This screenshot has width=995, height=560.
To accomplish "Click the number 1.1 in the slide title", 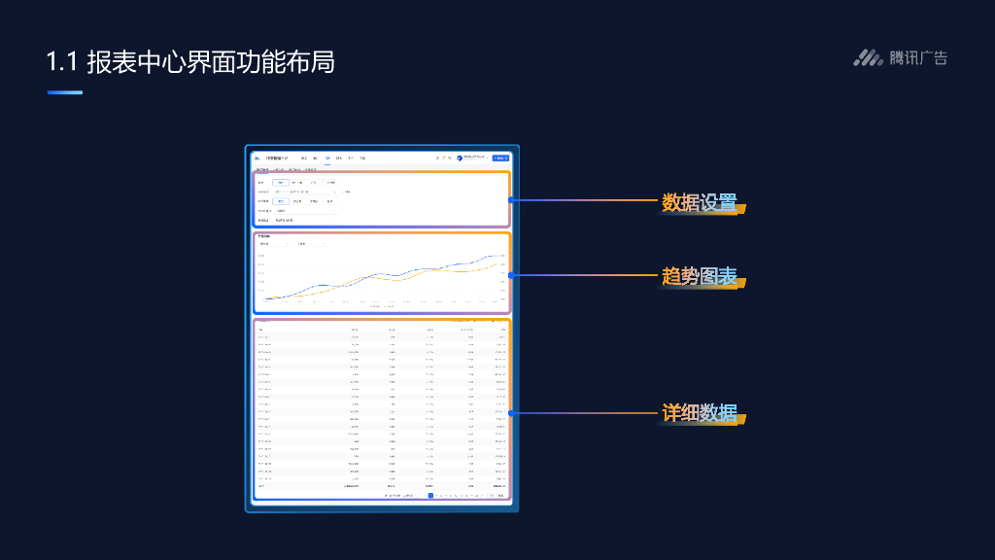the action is tap(60, 63).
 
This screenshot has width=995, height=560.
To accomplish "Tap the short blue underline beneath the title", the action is tap(65, 92).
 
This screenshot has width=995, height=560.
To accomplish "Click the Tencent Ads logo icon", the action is tap(868, 58).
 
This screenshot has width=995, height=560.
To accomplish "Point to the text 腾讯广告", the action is tap(918, 58).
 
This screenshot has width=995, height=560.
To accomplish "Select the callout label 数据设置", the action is tap(699, 203).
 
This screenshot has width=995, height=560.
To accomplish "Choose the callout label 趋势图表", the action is tap(699, 276).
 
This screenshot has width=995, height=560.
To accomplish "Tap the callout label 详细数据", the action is tap(699, 413).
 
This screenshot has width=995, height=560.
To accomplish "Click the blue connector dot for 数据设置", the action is tap(510, 199).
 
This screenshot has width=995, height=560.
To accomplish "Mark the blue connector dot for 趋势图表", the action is tap(510, 274).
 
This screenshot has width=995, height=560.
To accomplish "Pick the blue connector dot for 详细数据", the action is tap(510, 412).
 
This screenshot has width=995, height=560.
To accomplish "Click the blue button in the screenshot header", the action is tap(500, 157).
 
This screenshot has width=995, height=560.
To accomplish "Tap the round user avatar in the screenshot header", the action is tap(460, 157).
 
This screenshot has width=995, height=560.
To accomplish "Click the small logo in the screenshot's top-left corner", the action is tap(257, 157).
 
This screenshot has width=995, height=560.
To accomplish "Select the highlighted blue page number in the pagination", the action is tap(430, 495).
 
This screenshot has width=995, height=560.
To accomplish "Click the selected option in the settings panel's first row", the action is tap(281, 182).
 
